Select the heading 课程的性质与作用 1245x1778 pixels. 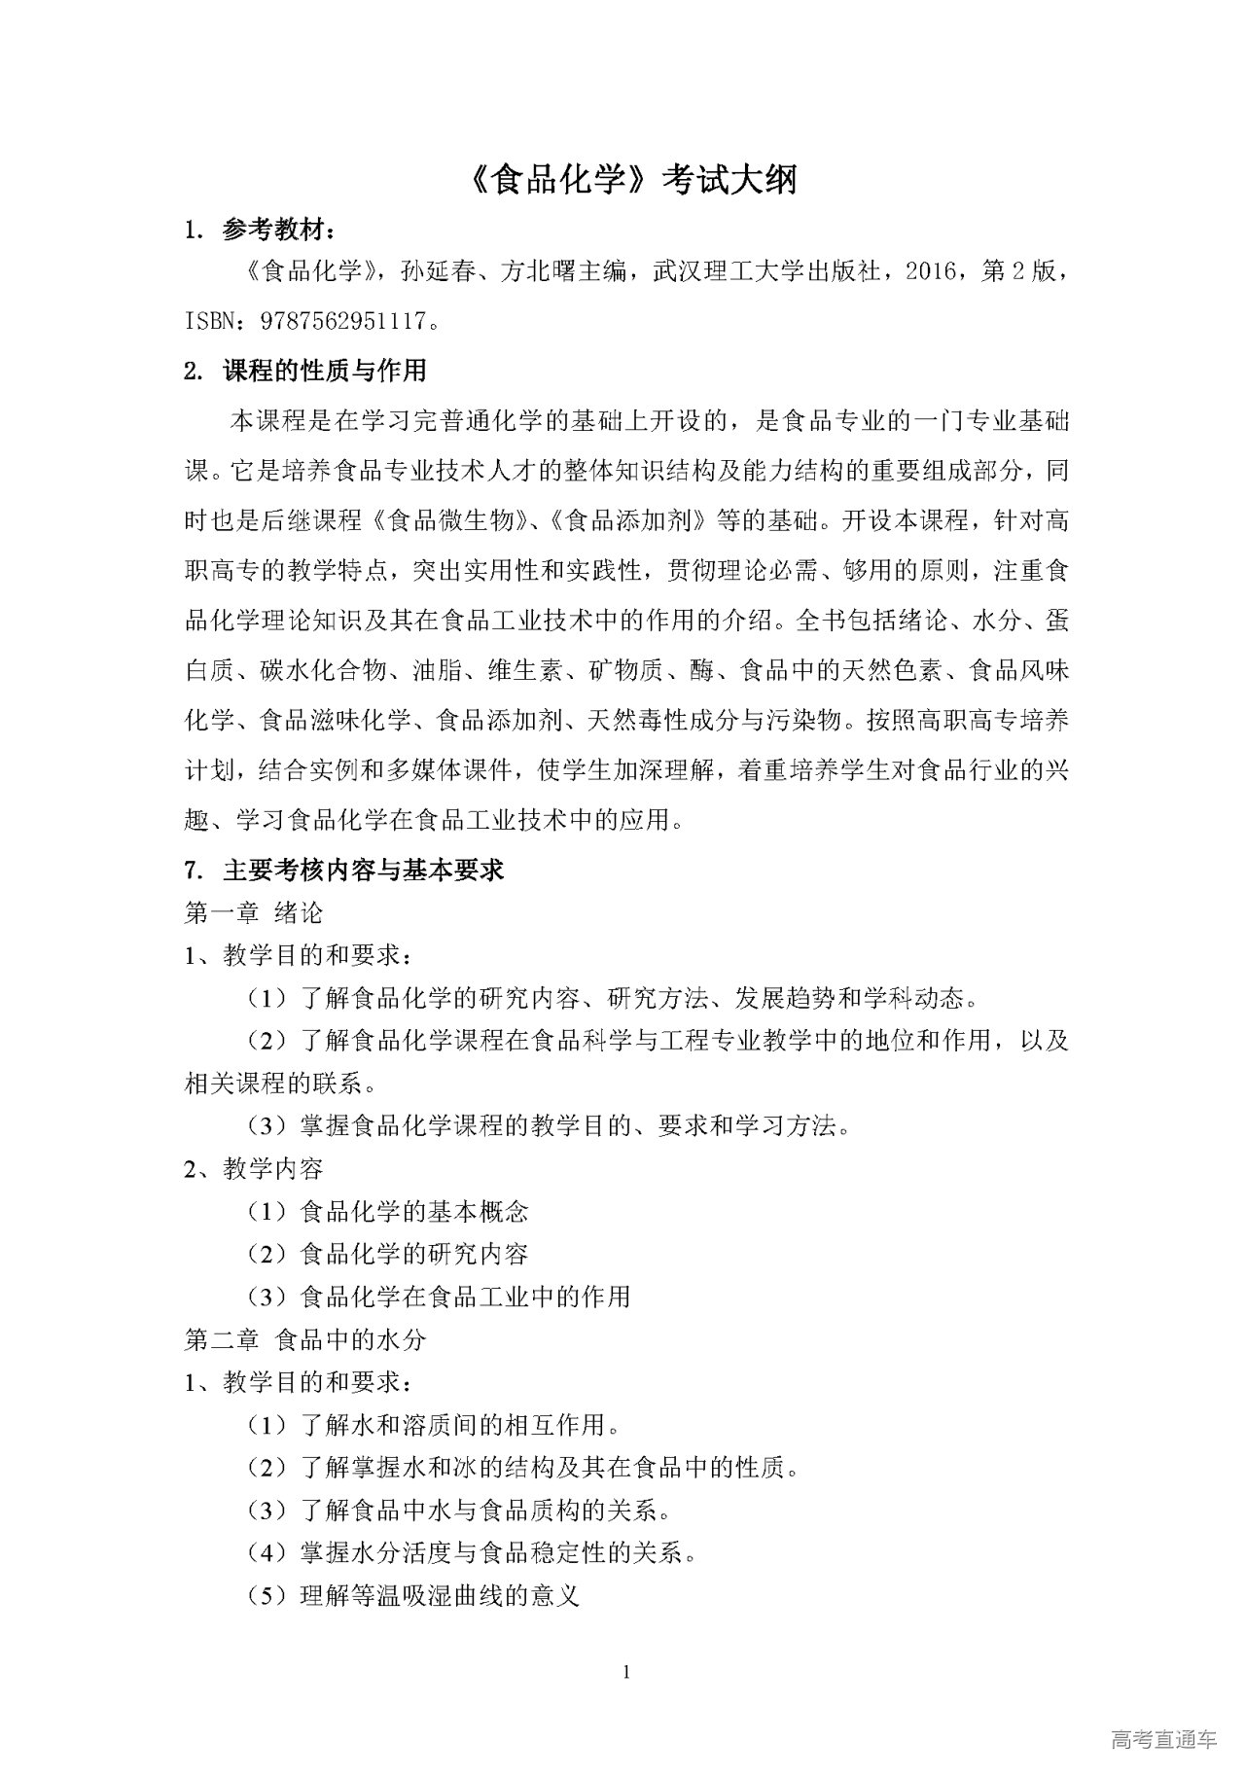(324, 371)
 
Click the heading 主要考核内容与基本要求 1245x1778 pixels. (363, 870)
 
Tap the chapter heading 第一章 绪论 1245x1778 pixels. (254, 912)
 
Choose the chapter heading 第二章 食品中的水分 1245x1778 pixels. (305, 1339)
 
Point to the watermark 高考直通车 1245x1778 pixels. (1163, 1739)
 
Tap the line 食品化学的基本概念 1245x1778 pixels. (414, 1212)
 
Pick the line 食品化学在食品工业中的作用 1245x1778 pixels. (466, 1297)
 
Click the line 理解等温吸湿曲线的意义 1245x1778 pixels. (440, 1596)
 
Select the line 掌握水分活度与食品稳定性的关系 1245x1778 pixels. (498, 1553)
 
